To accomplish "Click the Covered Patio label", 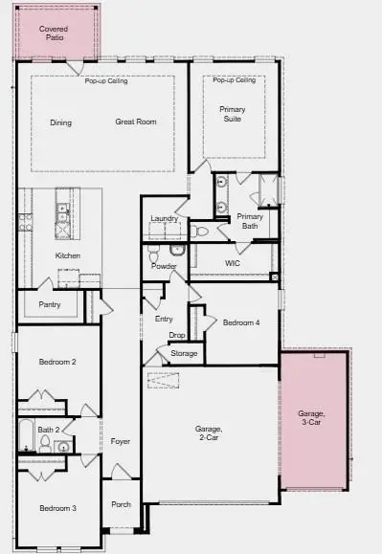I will tap(54, 33).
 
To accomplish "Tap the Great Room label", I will tap(136, 122).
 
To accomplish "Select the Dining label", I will tap(61, 122).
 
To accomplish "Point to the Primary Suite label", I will tap(232, 114).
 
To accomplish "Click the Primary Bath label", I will tap(250, 221).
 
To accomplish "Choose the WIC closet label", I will tap(232, 262).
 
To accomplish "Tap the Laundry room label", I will tap(165, 219).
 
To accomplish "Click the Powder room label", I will tap(164, 266).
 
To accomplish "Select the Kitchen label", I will tap(68, 255).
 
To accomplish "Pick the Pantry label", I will tap(50, 304).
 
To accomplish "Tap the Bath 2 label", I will tap(50, 430).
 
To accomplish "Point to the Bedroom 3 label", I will tap(57, 507).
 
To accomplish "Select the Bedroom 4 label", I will tap(241, 323).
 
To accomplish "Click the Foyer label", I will tap(120, 441).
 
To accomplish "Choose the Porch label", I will tap(121, 504).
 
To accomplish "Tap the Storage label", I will tap(184, 354).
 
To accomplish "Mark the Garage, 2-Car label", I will tap(209, 432).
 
